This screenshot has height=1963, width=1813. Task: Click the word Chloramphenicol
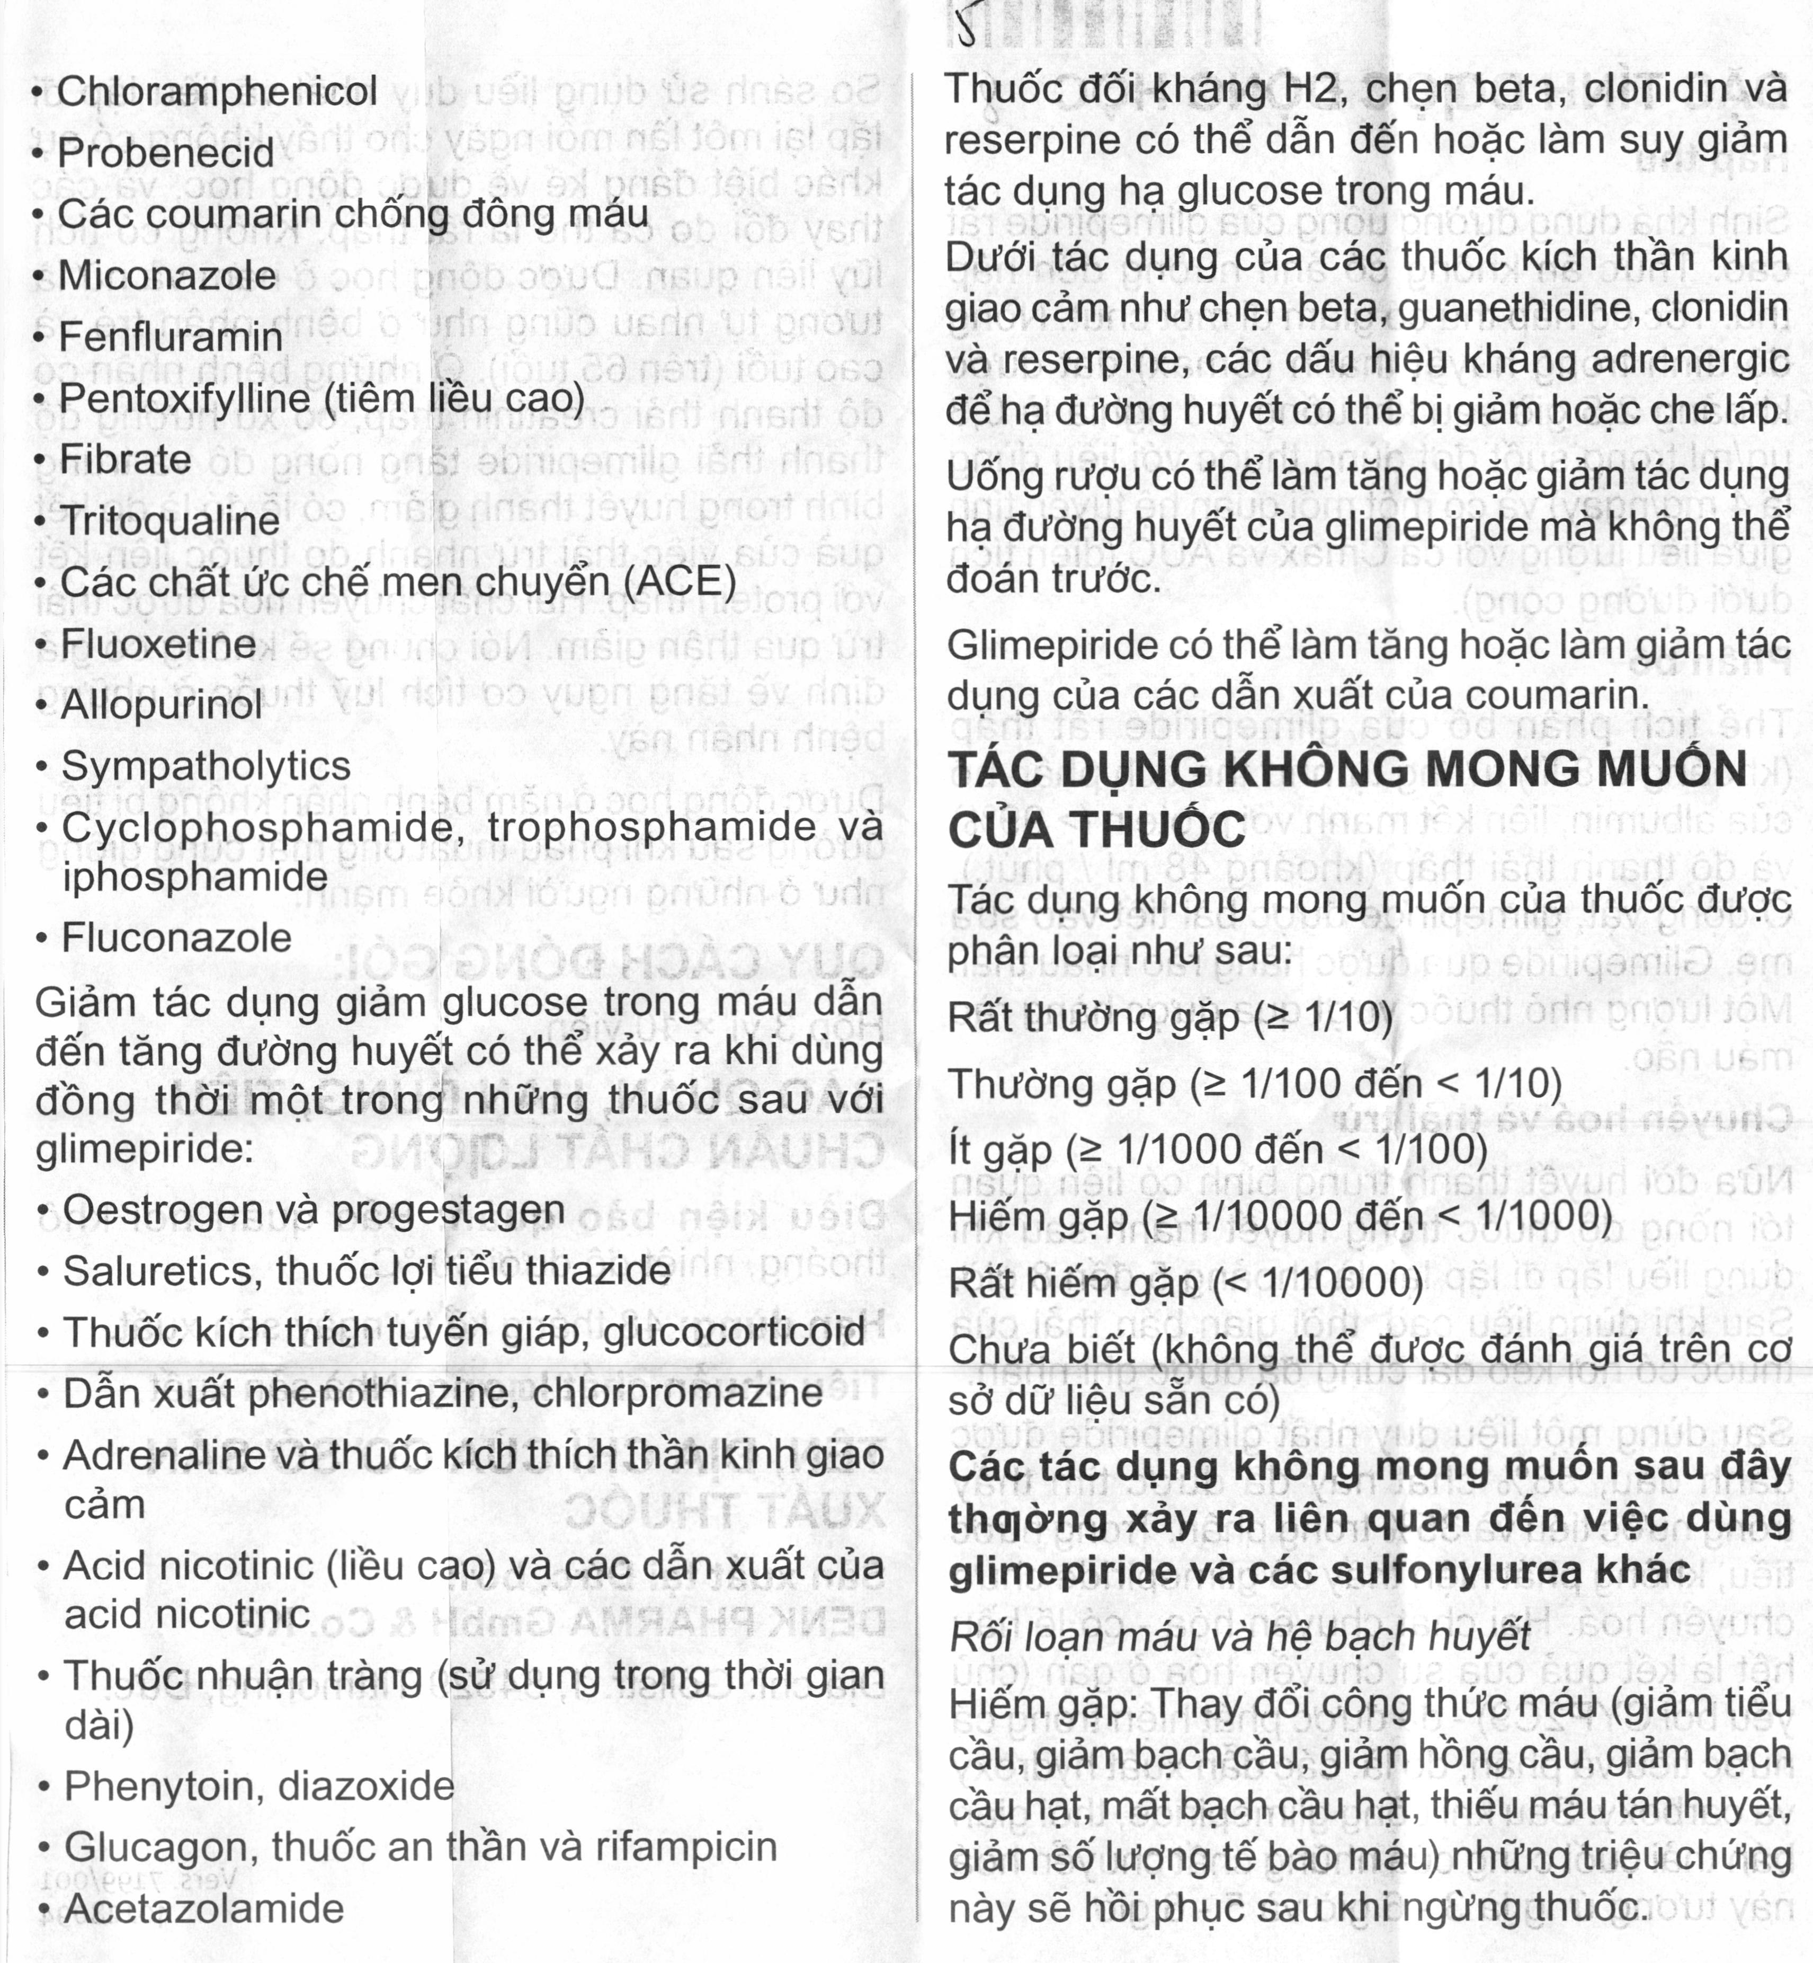tap(216, 91)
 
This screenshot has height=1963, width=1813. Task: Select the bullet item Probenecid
tap(165, 153)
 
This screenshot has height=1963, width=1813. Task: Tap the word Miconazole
tap(167, 276)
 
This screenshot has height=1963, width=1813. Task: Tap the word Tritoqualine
tap(169, 521)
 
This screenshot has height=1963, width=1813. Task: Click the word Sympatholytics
tap(206, 766)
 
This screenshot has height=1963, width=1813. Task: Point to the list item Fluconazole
tap(176, 939)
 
